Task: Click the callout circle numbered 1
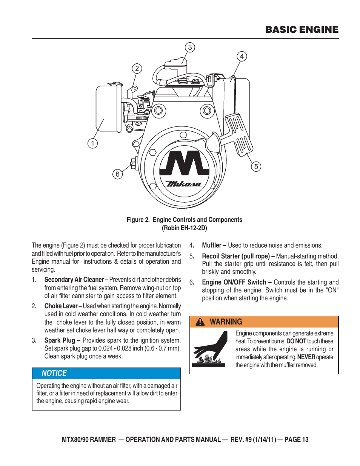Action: [x=92, y=143]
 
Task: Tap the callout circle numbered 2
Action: [x=137, y=68]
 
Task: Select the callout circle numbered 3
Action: [x=190, y=47]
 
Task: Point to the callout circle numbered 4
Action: [x=242, y=56]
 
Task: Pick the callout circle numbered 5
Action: [x=256, y=166]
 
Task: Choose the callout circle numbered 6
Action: [x=117, y=174]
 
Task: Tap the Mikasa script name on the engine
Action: [x=184, y=184]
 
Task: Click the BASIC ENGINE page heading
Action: [x=302, y=30]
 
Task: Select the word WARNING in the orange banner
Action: [x=226, y=322]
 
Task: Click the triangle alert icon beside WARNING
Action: [x=200, y=322]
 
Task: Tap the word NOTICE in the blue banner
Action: [x=54, y=373]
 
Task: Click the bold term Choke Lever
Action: [x=61, y=306]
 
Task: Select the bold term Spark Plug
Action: [x=60, y=340]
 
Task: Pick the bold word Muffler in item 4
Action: [x=211, y=245]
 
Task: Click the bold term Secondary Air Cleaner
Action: [x=74, y=280]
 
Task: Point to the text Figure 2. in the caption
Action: [x=138, y=220]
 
